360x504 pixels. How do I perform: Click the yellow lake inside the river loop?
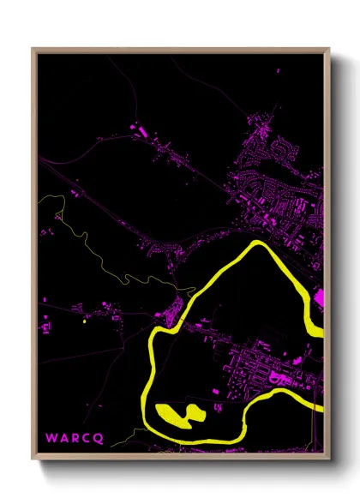(178, 413)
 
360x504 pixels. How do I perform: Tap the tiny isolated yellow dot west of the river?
(84, 322)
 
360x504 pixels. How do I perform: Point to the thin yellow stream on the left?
(90, 249)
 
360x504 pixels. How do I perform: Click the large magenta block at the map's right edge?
(320, 300)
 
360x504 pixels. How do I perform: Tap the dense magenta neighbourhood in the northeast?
(279, 171)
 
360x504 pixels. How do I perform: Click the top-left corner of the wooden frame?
(33, 50)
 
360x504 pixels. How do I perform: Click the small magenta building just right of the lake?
(212, 403)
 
